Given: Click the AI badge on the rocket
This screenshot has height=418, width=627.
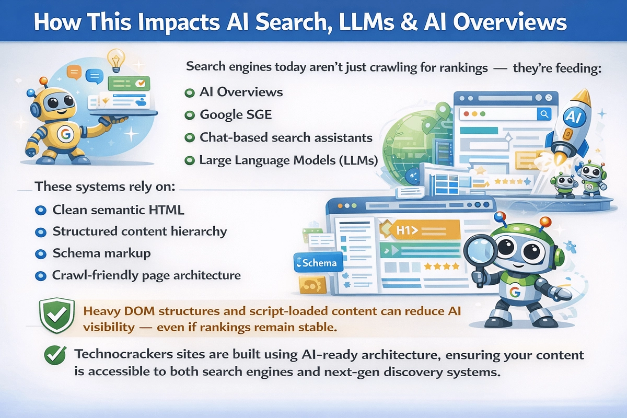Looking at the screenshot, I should (x=571, y=116).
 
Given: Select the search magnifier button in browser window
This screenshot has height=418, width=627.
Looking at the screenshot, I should (x=544, y=114).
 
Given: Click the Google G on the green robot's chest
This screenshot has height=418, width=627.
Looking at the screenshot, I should (x=515, y=293).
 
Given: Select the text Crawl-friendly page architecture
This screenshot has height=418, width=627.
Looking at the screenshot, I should (x=146, y=275).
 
